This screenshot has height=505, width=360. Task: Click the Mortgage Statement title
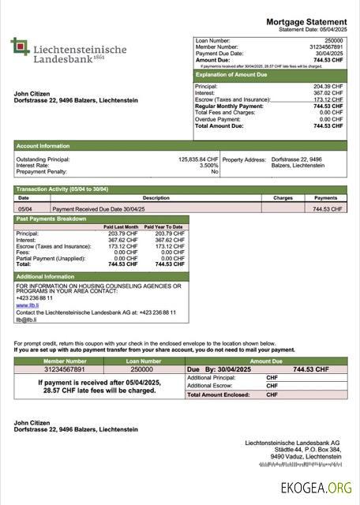coord(306,21)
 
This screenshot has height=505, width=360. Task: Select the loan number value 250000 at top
coord(334,39)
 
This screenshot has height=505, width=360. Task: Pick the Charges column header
coord(283,198)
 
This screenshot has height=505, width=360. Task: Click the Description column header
coord(133,198)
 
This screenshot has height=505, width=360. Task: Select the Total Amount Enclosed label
coord(218,395)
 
